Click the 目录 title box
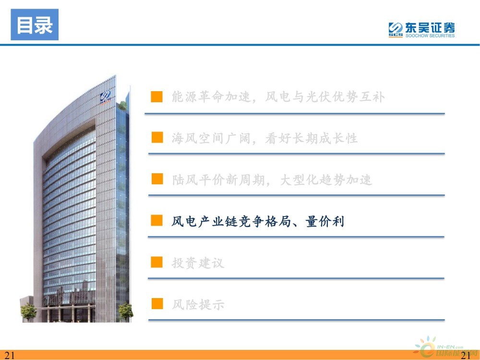(35, 24)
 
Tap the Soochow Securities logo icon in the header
(396, 30)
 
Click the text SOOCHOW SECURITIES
(430, 36)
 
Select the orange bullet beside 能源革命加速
(157, 96)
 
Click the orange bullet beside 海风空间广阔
(157, 137)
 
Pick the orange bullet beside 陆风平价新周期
(157, 179)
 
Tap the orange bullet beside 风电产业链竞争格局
(157, 220)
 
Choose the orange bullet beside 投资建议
(157, 262)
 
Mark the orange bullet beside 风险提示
(157, 304)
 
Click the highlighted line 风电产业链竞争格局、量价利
(258, 221)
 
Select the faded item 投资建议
(198, 263)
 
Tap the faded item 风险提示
(198, 305)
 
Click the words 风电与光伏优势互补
(325, 97)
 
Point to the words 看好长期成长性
(312, 138)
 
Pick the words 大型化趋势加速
(326, 180)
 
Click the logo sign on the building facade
(105, 97)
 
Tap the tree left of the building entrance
(28, 312)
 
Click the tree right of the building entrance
(126, 312)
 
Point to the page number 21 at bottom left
(10, 355)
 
